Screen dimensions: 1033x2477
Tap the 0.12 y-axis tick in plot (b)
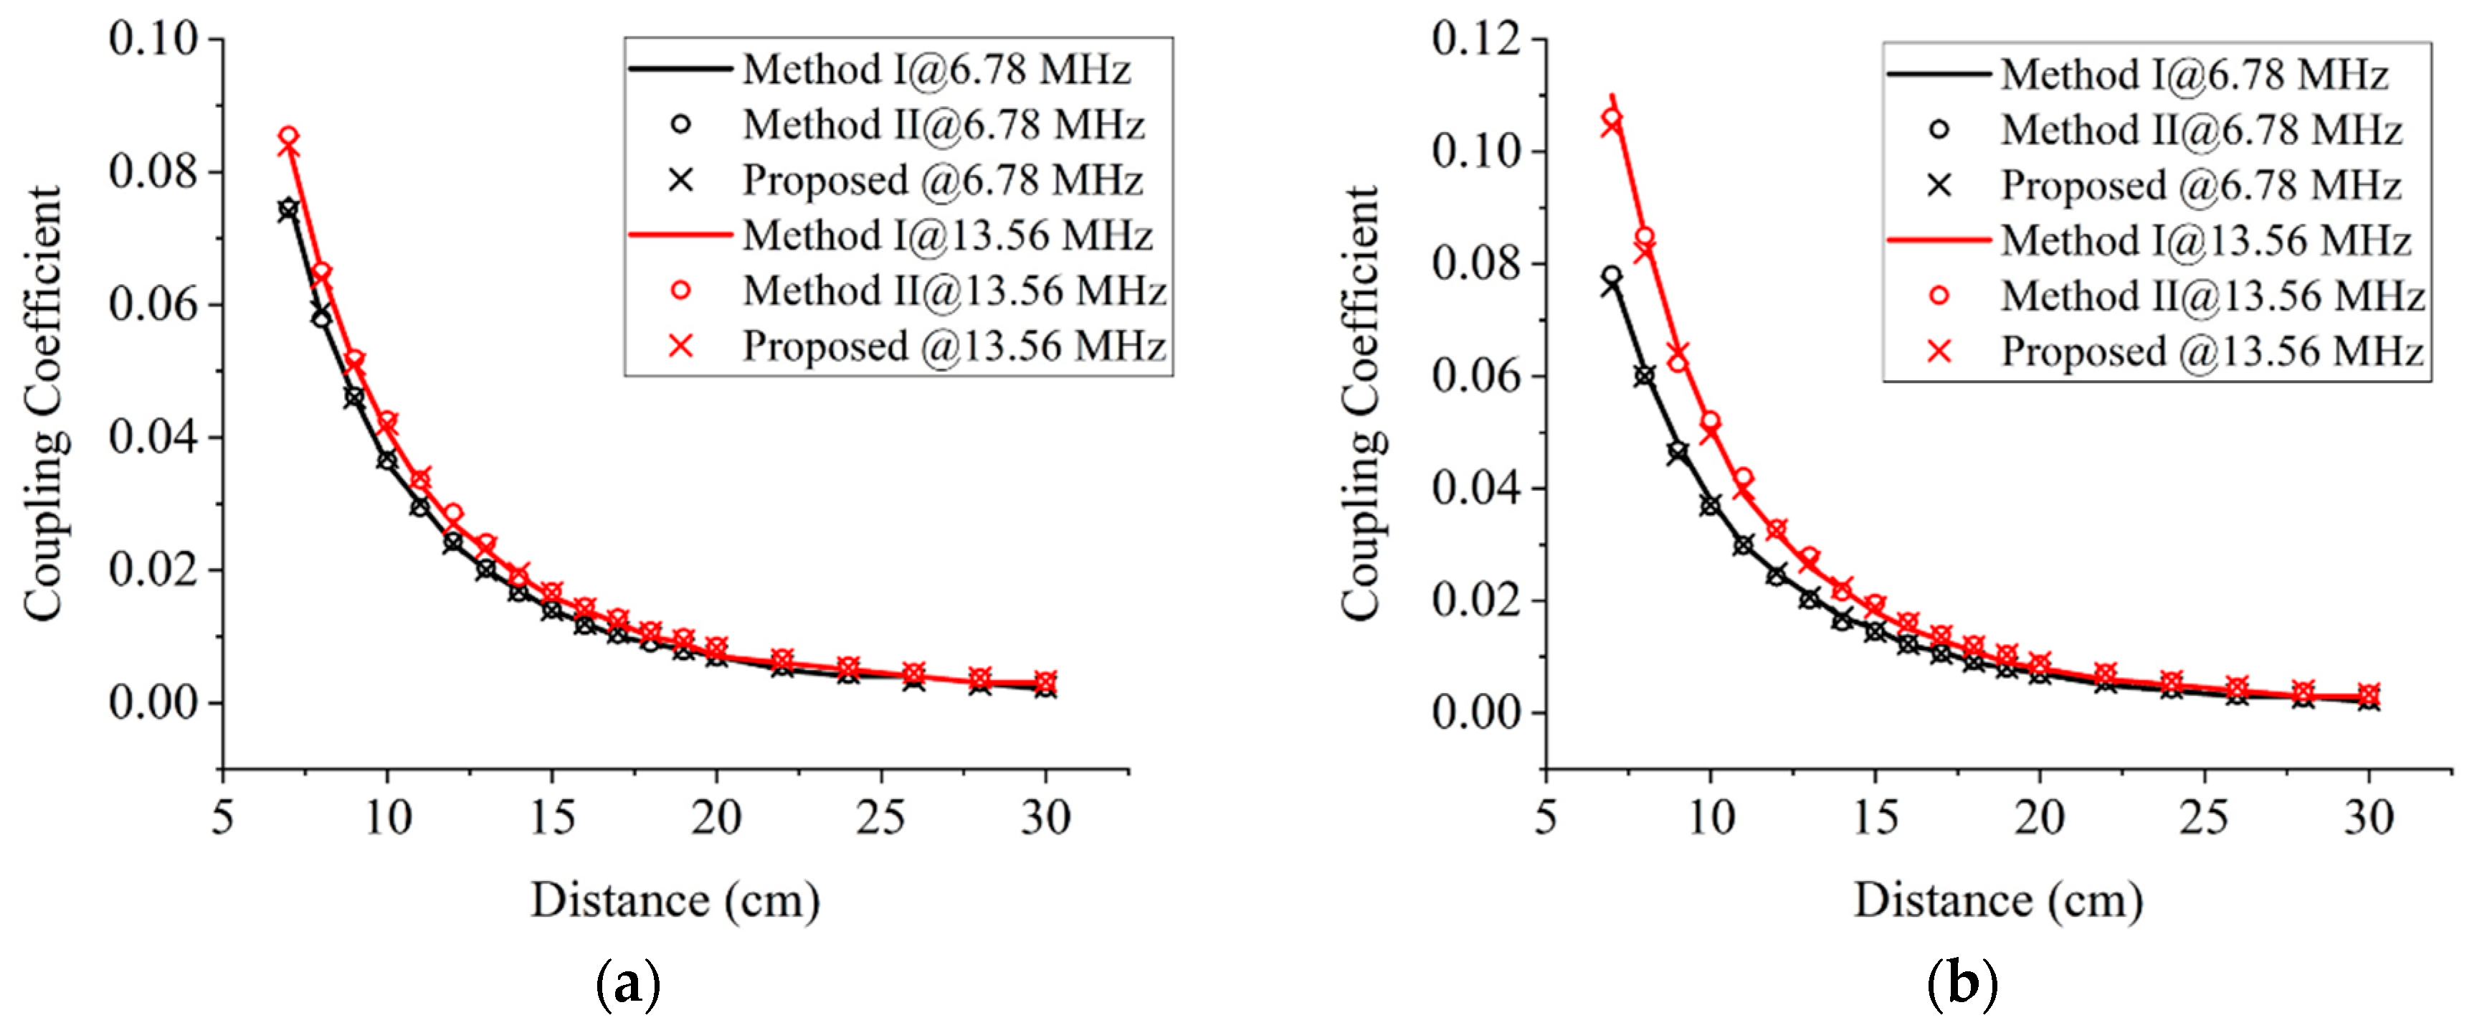tap(1476, 39)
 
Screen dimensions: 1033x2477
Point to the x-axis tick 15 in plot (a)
tap(552, 818)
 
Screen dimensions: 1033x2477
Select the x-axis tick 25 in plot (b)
tap(2203, 818)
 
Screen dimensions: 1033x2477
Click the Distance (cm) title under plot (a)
tap(675, 901)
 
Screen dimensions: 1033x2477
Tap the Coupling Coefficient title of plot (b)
tap(1361, 404)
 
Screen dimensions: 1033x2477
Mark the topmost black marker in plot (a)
tap(287, 209)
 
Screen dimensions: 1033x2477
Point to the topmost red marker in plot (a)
tap(288, 138)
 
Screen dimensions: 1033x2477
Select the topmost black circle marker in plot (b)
tap(1612, 276)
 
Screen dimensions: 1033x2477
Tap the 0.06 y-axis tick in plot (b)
tap(1476, 376)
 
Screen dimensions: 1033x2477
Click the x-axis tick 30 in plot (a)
tap(1045, 818)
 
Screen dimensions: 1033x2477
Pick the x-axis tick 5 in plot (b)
tap(1545, 818)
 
